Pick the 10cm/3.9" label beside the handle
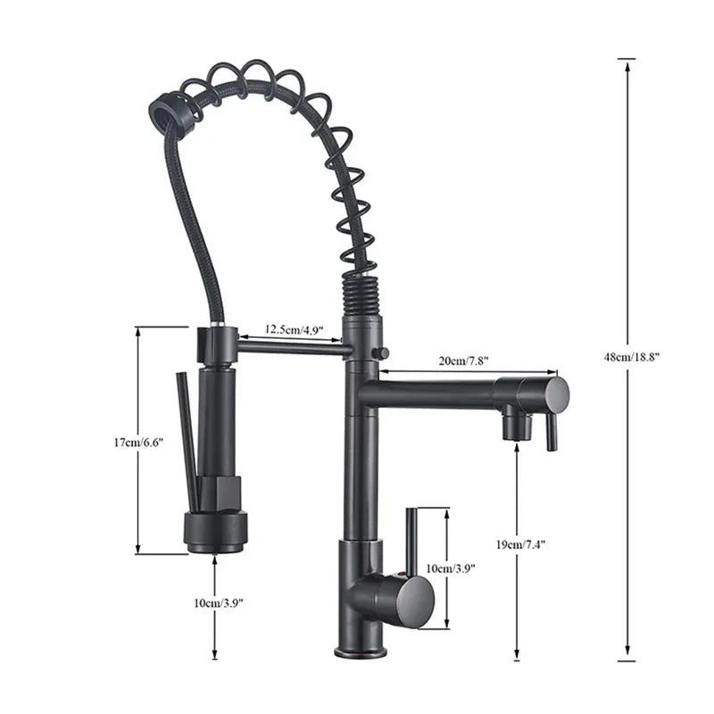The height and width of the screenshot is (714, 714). [x=450, y=568]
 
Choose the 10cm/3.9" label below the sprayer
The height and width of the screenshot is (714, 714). [x=216, y=603]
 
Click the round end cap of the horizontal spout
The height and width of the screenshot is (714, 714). [x=557, y=394]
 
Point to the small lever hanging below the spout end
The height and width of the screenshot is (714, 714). [x=552, y=434]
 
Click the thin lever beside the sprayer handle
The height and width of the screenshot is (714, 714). [x=187, y=428]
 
